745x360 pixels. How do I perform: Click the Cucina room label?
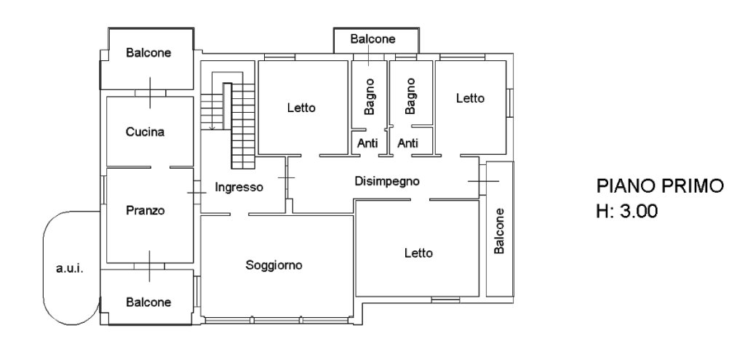(x=145, y=132)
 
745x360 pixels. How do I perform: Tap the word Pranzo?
(x=145, y=210)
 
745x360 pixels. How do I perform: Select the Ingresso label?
(x=239, y=188)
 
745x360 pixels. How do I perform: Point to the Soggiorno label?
(x=274, y=265)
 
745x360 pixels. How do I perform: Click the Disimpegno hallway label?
(x=387, y=181)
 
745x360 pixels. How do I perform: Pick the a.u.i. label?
(x=70, y=268)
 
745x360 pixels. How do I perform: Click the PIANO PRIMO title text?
(x=660, y=185)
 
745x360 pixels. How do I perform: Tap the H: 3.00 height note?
(x=627, y=210)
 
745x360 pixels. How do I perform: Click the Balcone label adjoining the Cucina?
(x=148, y=52)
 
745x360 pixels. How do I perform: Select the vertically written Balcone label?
(x=499, y=231)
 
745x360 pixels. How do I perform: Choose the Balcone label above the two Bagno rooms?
(x=373, y=39)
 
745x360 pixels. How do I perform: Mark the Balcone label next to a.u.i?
(x=148, y=302)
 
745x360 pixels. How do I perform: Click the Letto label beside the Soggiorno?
(x=418, y=253)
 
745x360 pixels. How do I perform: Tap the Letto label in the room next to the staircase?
(x=301, y=108)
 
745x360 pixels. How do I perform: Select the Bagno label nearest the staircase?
(x=369, y=97)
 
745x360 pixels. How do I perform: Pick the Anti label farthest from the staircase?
(x=407, y=143)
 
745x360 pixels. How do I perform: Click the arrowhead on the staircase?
(x=212, y=127)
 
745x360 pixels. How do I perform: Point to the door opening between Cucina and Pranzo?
(x=161, y=167)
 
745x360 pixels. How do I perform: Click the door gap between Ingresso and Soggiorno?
(x=239, y=215)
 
